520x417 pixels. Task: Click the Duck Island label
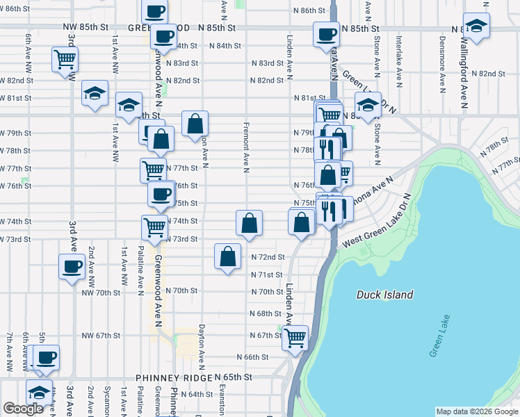[x=384, y=295]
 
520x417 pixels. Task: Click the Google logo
[x=23, y=409]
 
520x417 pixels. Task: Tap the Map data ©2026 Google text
[x=476, y=411]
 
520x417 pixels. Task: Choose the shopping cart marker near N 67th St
[x=295, y=338]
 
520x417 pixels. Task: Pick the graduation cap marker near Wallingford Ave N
[x=477, y=26]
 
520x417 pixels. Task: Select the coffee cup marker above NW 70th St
[x=72, y=267]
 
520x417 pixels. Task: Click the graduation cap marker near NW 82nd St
[x=95, y=93]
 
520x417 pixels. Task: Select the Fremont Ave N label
[x=246, y=148]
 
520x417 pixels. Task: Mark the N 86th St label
[x=309, y=11]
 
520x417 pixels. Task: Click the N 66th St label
[x=252, y=357]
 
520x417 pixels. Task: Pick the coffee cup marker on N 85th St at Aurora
[x=325, y=34]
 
